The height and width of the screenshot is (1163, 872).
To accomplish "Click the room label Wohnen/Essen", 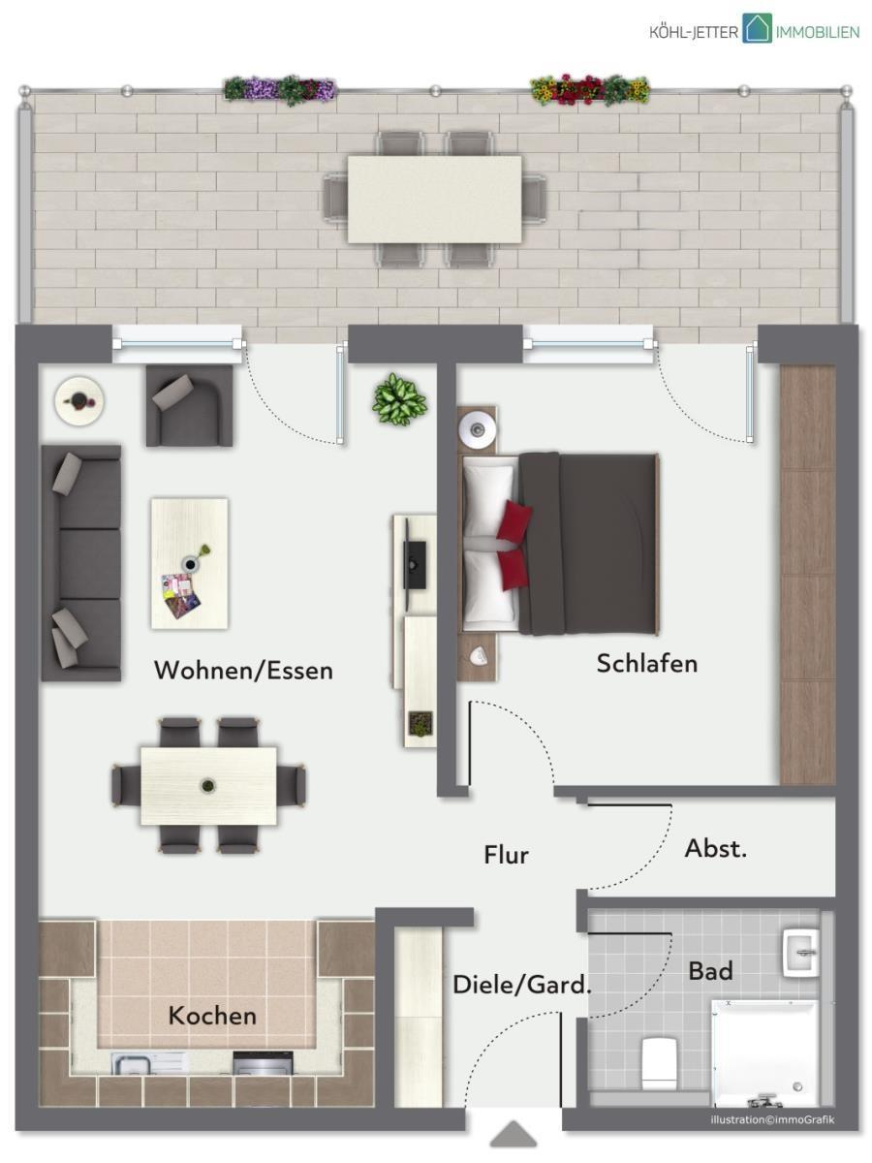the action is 243,671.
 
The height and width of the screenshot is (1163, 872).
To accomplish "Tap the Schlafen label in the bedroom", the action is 647,663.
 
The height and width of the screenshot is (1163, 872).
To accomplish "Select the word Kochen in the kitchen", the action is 212,1016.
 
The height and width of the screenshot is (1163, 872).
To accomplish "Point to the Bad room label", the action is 710,971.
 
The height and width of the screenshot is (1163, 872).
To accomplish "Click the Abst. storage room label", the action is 716,848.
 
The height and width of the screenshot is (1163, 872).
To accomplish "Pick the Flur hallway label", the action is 506,855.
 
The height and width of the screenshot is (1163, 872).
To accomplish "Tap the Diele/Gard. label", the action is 522,986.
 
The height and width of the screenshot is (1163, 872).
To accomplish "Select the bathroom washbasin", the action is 800,952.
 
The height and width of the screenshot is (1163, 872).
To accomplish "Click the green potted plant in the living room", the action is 400,399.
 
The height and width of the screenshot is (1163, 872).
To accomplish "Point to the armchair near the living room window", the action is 189,406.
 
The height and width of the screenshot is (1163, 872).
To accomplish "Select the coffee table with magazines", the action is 190,563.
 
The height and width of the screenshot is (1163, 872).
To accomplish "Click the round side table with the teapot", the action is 78,400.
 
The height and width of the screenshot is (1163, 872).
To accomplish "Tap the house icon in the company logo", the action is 757,28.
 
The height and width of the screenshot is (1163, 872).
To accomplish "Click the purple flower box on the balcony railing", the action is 280,89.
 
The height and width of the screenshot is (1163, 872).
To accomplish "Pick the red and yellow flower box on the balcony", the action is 590,89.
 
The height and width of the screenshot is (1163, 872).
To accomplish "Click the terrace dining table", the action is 434,199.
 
